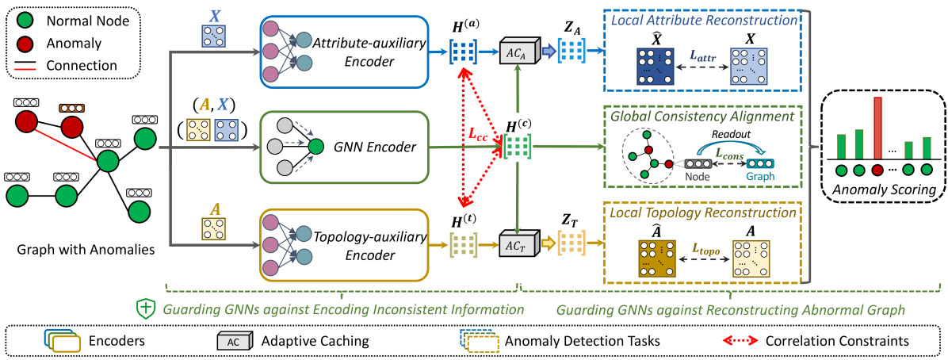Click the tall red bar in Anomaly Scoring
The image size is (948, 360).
(x=877, y=127)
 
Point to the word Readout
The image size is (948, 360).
(x=728, y=136)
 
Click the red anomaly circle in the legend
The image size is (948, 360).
(x=25, y=45)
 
